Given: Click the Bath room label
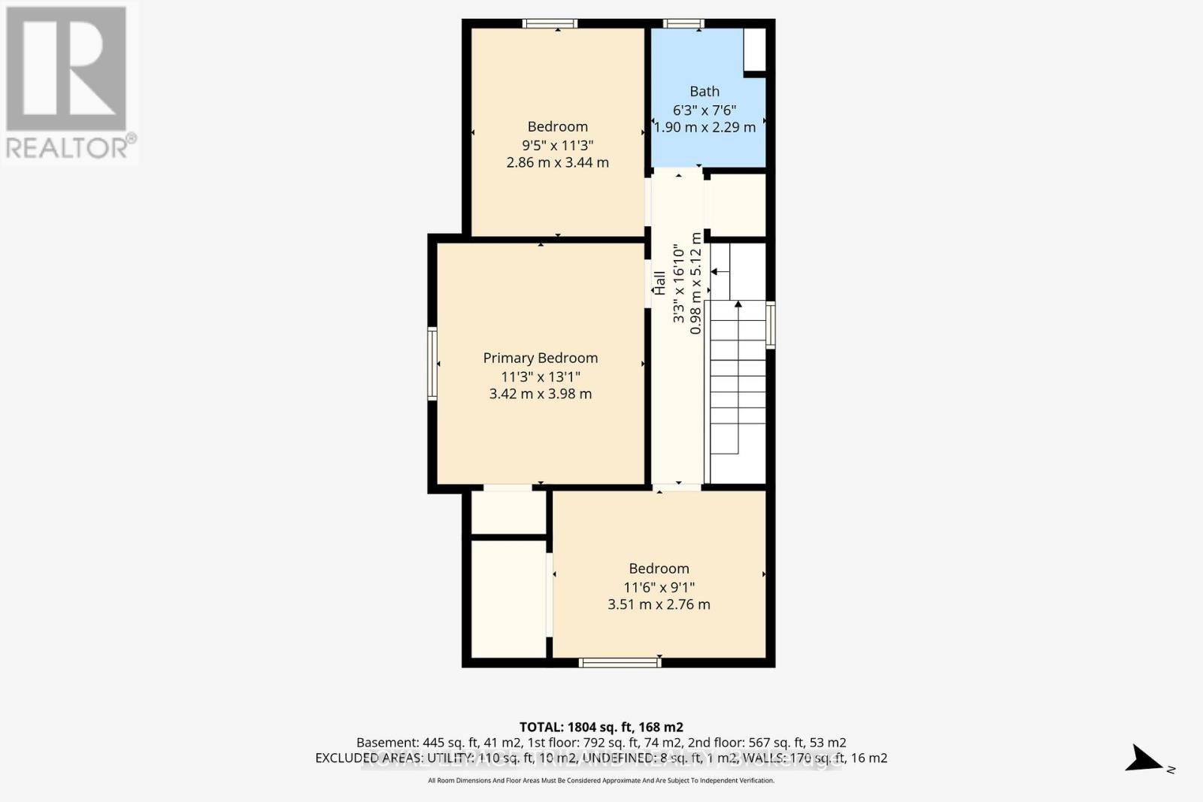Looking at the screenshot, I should click(x=705, y=91).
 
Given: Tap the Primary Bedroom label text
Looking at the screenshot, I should click(x=540, y=358).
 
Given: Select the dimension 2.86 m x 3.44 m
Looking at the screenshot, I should click(x=557, y=162).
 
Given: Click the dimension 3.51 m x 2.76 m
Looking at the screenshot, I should click(x=659, y=604).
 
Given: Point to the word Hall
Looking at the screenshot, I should click(x=659, y=283).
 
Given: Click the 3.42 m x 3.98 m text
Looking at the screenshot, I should click(x=540, y=394).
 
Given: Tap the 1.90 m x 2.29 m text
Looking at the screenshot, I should click(x=705, y=127).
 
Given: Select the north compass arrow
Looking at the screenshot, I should click(x=1145, y=758).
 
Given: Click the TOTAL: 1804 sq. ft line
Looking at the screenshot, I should click(x=601, y=727).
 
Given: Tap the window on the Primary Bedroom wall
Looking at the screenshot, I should click(x=432, y=363).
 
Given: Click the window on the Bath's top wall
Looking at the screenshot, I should click(x=684, y=23).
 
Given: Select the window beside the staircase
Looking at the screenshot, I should click(x=770, y=325).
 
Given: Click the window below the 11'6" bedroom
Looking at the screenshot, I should click(x=620, y=662).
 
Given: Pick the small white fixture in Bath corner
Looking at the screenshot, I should click(x=754, y=50).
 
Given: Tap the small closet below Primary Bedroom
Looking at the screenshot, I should click(x=508, y=513).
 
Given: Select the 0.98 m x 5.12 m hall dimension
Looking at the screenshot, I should click(x=695, y=283).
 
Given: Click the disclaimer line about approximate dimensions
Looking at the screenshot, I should click(x=601, y=781).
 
